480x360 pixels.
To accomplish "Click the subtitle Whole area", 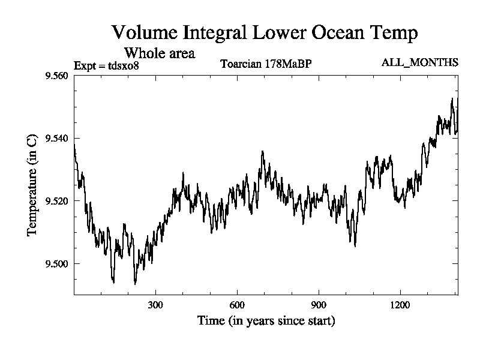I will [159, 53].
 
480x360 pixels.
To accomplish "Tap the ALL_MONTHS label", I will [420, 62].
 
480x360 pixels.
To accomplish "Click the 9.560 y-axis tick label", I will [56, 76].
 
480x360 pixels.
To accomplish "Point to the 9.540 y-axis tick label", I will [56, 139].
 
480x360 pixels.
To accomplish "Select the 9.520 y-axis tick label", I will [56, 201].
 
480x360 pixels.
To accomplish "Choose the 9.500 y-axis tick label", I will [56, 263].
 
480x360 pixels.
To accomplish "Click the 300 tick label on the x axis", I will [155, 304].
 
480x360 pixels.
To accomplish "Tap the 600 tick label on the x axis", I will [237, 304].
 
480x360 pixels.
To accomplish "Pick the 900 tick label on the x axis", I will [319, 304].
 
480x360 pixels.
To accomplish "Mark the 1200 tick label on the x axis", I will [400, 304].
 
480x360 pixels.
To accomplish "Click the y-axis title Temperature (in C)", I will [34, 185].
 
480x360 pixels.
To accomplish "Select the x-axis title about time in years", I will [266, 321].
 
